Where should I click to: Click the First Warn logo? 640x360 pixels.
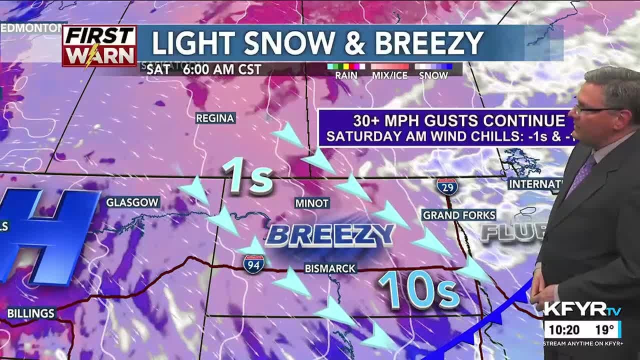99,45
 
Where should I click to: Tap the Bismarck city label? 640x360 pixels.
330,268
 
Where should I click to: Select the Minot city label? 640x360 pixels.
312,203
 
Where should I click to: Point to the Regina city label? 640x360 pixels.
215,118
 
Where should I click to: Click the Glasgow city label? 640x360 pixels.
132,202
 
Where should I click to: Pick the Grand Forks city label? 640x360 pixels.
459,215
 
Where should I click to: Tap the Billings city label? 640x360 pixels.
30,313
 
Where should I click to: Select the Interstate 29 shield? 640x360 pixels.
446,186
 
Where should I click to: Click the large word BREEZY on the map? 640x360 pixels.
330,235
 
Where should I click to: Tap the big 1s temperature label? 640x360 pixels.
248,176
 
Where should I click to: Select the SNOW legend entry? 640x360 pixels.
433,75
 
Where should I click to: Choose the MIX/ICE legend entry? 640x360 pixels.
389,75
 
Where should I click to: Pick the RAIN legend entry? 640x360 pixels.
346,75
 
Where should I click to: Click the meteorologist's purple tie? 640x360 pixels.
582,174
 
